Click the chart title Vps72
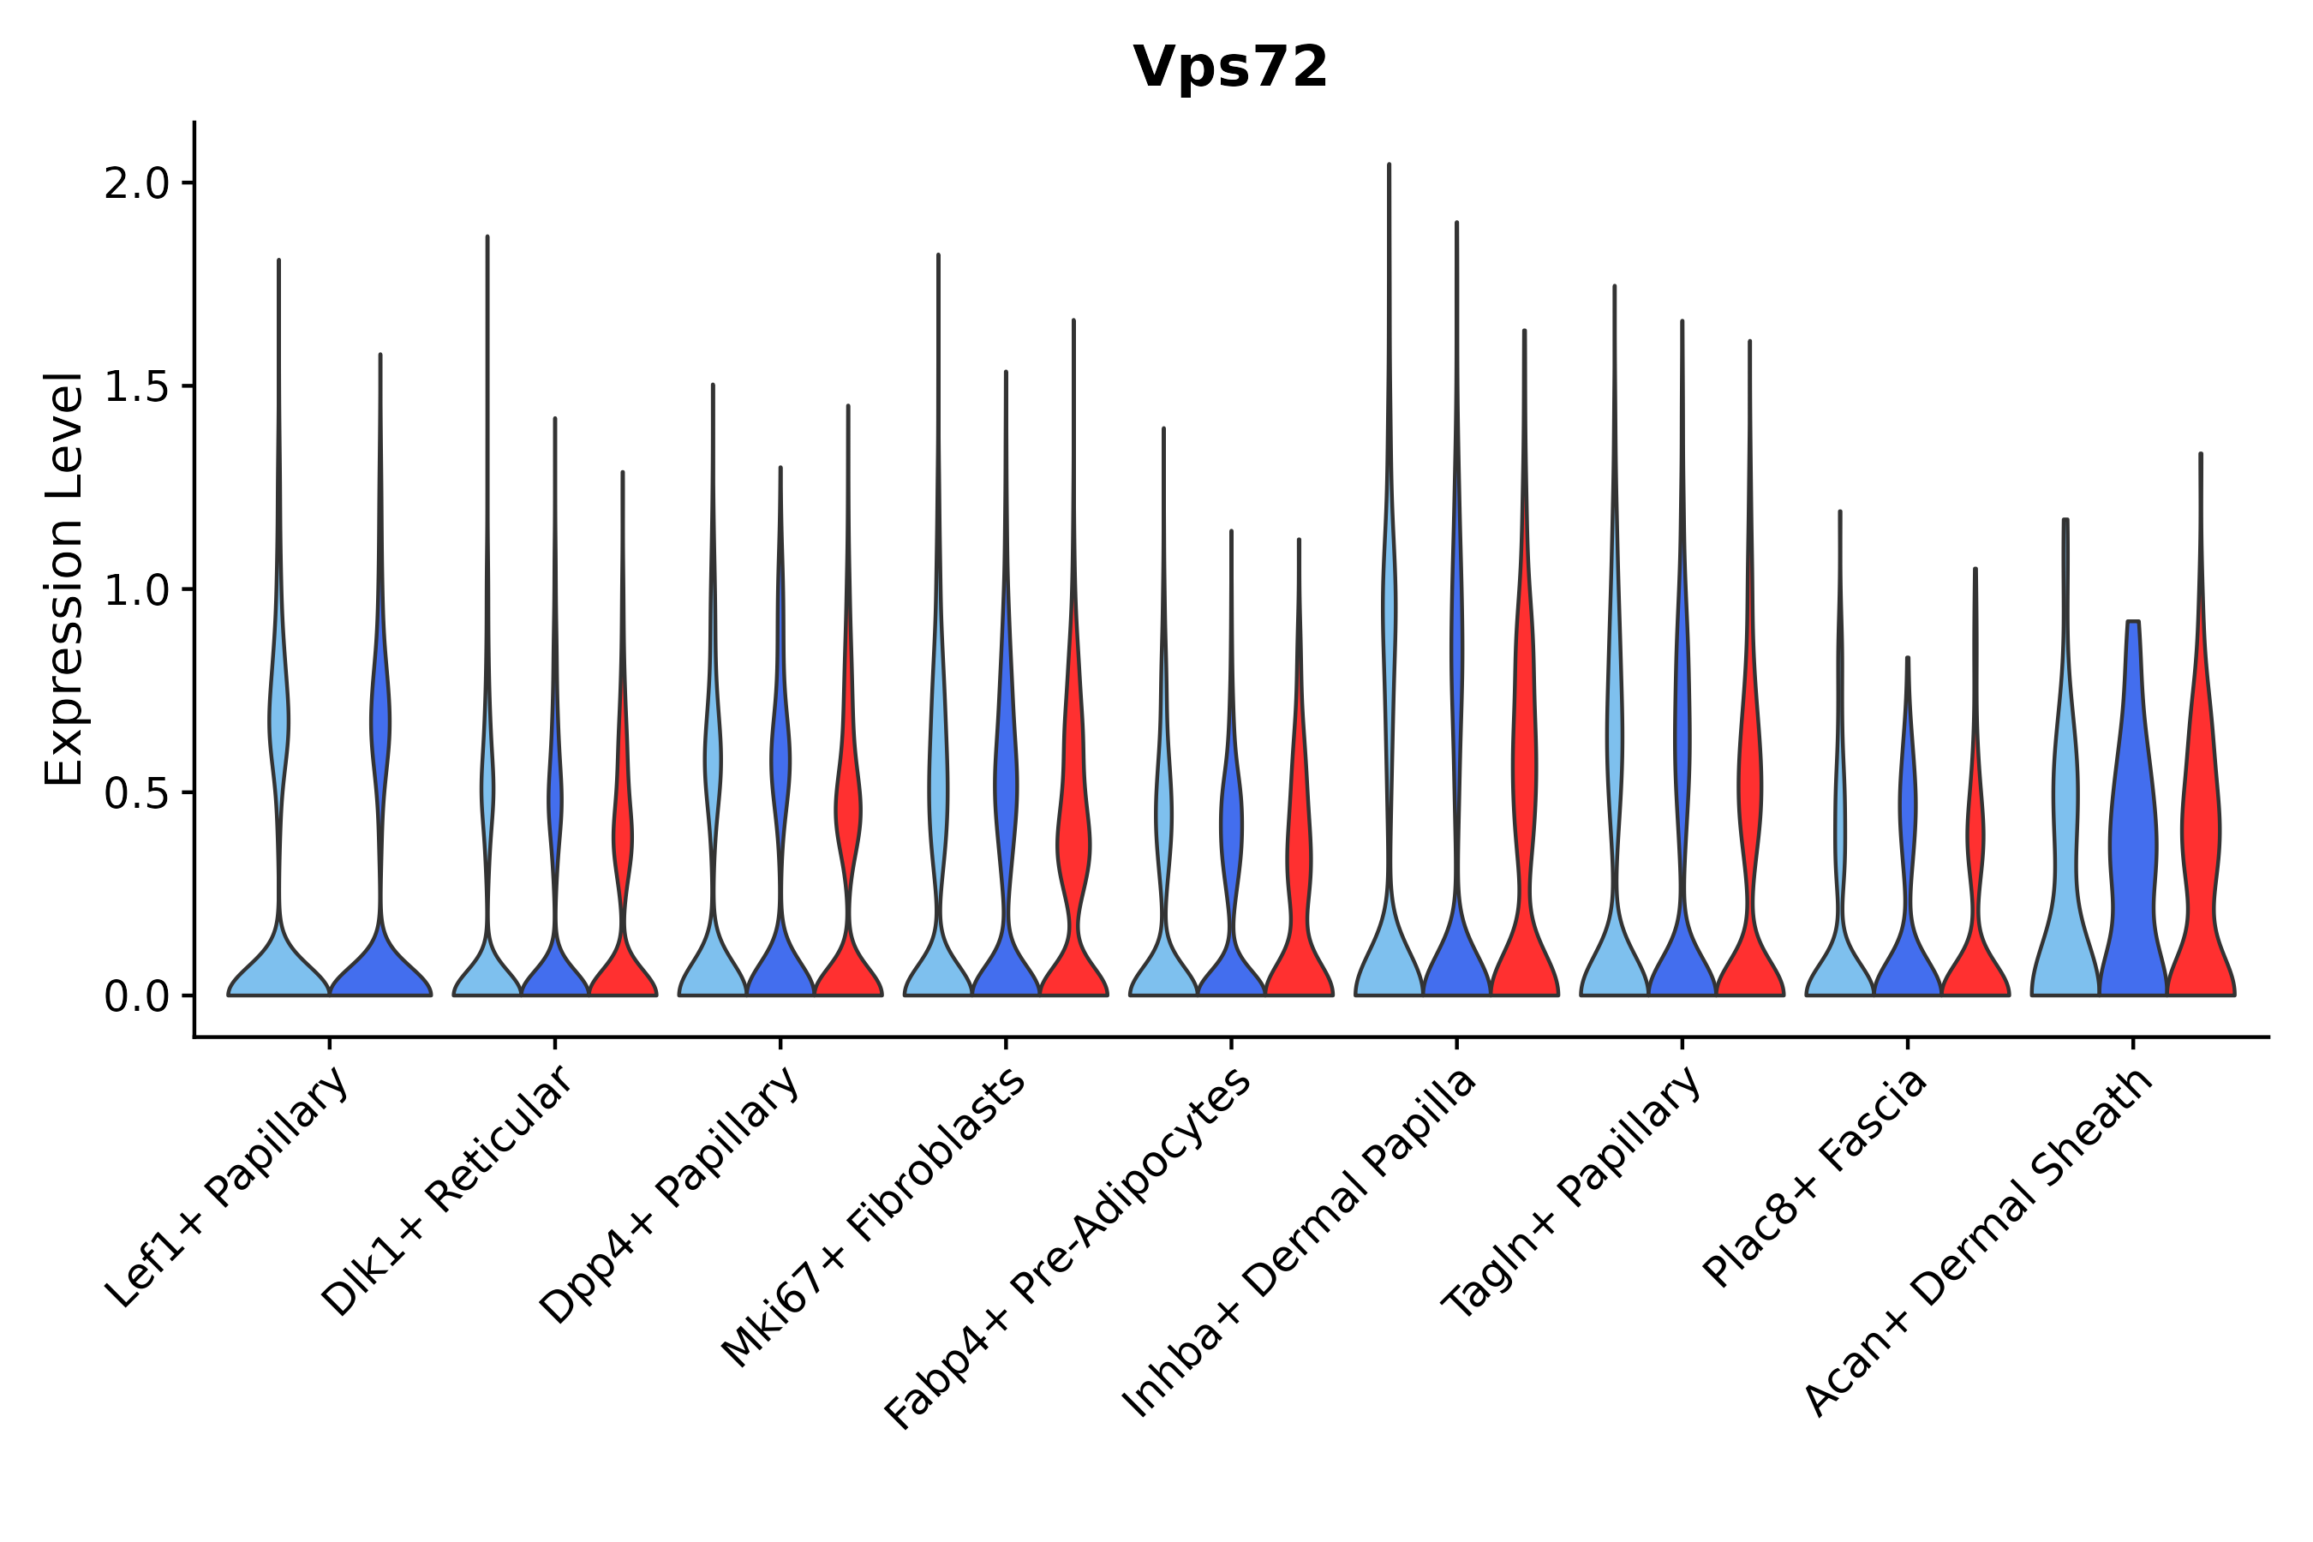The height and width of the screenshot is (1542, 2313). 1229,68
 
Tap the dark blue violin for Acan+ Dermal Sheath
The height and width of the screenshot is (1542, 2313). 2132,836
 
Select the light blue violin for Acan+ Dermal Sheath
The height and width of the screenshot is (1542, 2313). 2065,836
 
